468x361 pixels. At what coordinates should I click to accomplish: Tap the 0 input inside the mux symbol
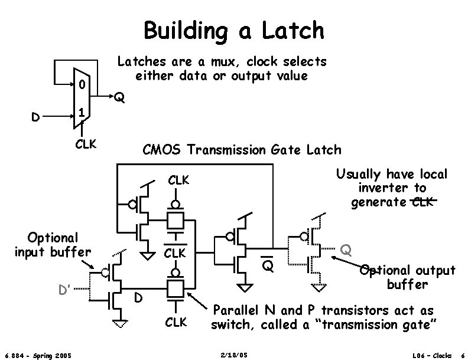click(x=81, y=86)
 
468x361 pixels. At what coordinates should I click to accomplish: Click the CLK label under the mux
click(x=86, y=143)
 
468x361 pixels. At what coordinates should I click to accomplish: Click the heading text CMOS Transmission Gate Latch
click(x=242, y=150)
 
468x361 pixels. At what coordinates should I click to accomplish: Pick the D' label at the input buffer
click(x=64, y=290)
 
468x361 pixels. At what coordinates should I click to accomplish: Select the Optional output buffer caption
click(x=408, y=277)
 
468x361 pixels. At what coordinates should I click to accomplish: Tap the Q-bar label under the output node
click(x=268, y=267)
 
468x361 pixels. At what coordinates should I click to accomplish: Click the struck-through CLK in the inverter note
click(x=422, y=203)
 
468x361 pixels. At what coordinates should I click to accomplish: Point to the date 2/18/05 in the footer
click(x=233, y=355)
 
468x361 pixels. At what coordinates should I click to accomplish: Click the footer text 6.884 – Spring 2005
click(x=38, y=355)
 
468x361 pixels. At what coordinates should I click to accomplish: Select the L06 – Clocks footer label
click(x=433, y=355)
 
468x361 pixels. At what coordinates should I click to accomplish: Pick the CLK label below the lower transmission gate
click(x=176, y=322)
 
